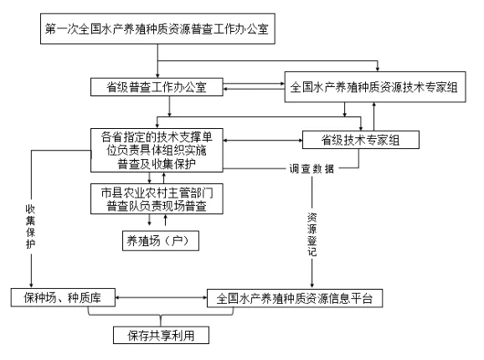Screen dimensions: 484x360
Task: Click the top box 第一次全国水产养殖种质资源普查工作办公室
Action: coord(157,28)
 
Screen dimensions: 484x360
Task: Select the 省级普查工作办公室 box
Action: coord(157,87)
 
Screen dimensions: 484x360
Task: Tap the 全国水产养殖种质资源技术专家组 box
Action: coord(375,87)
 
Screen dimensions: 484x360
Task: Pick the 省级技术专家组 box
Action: coord(361,140)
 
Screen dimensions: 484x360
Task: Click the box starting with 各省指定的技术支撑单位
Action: coord(157,150)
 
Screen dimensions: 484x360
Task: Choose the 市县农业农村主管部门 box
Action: coord(157,199)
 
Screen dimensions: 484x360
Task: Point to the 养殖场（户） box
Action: coord(161,240)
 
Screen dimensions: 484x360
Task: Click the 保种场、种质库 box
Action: coord(63,298)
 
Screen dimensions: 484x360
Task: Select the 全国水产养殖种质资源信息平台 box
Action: coord(295,298)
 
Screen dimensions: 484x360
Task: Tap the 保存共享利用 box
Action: coord(161,335)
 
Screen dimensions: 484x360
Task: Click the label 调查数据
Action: coord(312,169)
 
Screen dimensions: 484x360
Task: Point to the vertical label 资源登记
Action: coord(312,234)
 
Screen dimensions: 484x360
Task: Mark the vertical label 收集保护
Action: coord(30,226)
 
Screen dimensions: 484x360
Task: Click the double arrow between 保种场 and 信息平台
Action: coord(161,298)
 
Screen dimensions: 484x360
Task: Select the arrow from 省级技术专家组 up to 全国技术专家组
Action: coord(373,116)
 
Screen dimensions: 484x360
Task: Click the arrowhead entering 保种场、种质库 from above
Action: coord(31,285)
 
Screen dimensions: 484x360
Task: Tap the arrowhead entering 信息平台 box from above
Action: coord(312,285)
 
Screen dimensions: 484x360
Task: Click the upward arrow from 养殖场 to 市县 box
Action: coord(166,220)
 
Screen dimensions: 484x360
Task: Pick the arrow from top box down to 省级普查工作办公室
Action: coord(157,61)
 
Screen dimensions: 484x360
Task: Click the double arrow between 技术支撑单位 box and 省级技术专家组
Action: coord(263,141)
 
